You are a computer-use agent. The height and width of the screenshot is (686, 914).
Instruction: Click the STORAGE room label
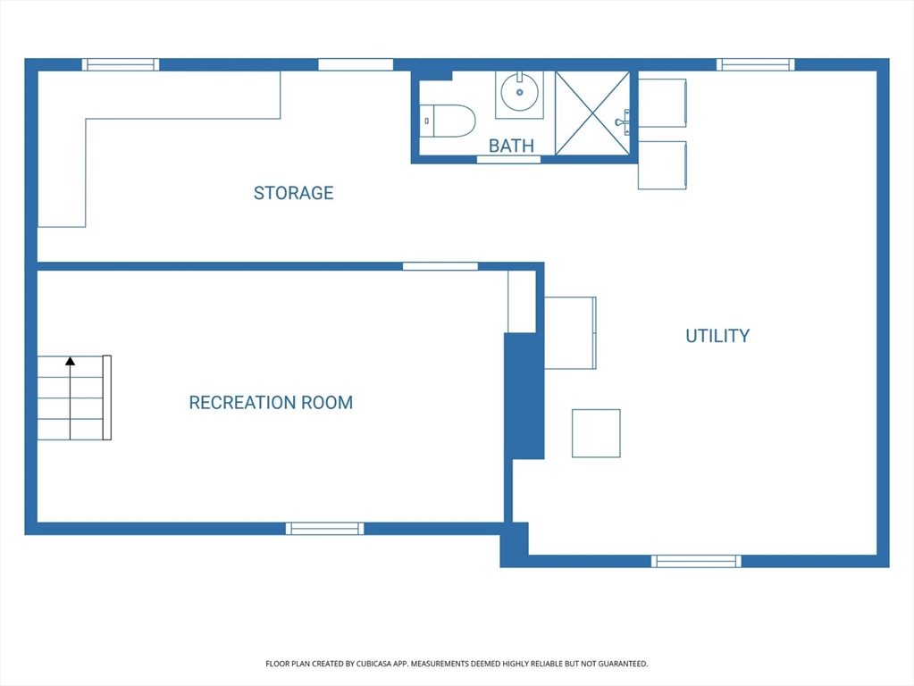pos(293,193)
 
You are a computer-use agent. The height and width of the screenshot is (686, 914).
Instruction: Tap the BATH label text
pos(511,146)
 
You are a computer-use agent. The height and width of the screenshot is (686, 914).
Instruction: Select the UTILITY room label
pos(717,336)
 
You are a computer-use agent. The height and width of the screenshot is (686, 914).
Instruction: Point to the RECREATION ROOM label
pos(271,403)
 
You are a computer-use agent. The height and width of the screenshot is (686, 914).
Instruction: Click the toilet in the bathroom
pos(448,121)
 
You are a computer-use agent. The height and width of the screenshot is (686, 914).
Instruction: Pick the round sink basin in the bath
pos(519,92)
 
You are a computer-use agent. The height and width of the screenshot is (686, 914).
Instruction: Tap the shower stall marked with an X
pos(592,113)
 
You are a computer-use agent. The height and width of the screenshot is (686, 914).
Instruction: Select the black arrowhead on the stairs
pos(70,362)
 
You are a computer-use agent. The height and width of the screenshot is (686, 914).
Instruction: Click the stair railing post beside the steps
pos(107,397)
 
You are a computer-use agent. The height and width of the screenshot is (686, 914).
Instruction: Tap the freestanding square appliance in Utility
pos(596,433)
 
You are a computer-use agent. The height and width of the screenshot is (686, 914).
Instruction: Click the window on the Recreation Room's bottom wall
pos(324,529)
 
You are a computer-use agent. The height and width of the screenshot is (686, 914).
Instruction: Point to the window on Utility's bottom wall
pos(696,561)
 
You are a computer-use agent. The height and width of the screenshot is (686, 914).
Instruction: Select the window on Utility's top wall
pos(756,64)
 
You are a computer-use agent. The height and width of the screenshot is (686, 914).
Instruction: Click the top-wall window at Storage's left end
pos(121,64)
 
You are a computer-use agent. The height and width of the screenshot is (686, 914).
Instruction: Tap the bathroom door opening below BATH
pos(508,160)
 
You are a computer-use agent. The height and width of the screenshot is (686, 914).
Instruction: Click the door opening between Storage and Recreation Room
pos(440,266)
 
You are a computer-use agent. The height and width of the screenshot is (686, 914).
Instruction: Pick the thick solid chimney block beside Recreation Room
pos(524,396)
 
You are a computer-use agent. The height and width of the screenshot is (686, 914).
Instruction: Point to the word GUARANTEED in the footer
pos(624,664)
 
